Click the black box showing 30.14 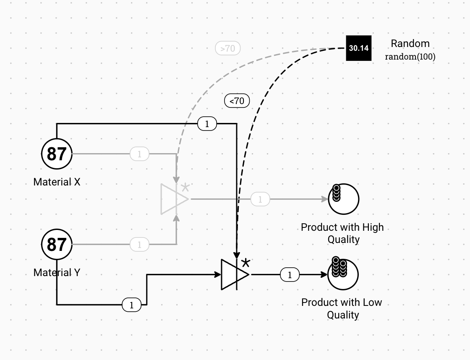click(x=359, y=48)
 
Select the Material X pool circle click(x=57, y=154)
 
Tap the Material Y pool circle click(x=57, y=244)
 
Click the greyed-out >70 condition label click(x=228, y=49)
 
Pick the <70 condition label click(x=237, y=101)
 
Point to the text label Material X click(x=57, y=182)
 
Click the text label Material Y click(x=57, y=273)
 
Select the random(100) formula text click(x=410, y=57)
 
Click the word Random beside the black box click(x=410, y=44)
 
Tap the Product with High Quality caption click(x=342, y=233)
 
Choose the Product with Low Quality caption click(x=342, y=308)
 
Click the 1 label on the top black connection click(x=207, y=124)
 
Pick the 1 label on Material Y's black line click(x=132, y=305)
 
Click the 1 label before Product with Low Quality click(x=290, y=275)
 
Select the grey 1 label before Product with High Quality click(x=260, y=199)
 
